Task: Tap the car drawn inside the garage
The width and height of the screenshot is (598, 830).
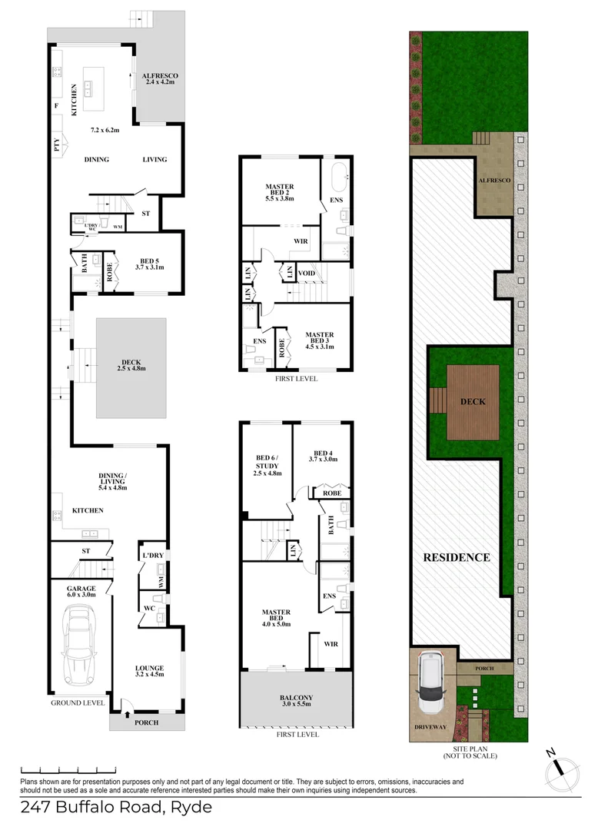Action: coord(80,646)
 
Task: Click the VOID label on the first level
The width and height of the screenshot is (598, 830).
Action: coord(307,273)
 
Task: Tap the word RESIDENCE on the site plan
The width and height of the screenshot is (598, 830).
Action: coord(457,557)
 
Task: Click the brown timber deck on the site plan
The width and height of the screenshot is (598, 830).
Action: coord(473,402)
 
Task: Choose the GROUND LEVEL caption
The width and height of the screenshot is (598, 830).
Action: coord(78,702)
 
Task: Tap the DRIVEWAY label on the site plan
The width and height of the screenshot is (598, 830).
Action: coord(431,726)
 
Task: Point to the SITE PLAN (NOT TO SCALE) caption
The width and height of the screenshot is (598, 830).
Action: coord(470,752)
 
